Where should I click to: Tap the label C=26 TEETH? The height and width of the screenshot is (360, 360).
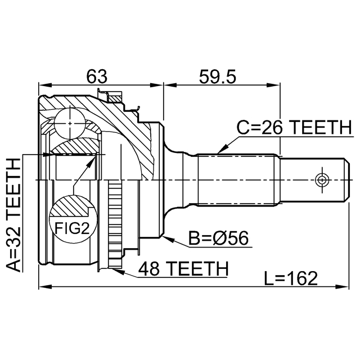tap(292, 127)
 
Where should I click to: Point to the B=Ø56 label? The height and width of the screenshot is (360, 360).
tap(218, 239)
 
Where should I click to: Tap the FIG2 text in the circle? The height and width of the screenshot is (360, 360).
tap(71, 227)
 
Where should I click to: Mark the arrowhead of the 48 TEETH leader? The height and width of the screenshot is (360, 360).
tap(116, 271)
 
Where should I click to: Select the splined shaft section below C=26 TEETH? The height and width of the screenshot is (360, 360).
tap(238, 180)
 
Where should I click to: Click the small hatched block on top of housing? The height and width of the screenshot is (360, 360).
tap(116, 99)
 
